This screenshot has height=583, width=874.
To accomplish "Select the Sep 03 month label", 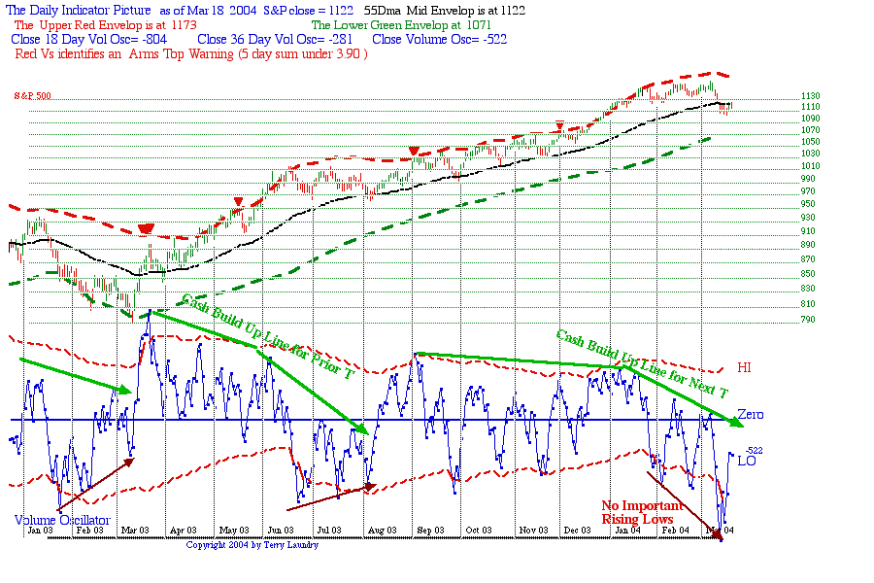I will click(x=431, y=530).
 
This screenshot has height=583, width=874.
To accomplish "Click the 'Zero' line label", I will click(x=750, y=415).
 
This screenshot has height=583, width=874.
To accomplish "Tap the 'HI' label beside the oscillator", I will click(x=745, y=367).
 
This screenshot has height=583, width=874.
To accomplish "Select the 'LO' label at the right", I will click(x=747, y=461).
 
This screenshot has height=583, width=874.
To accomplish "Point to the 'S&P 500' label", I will click(x=32, y=96).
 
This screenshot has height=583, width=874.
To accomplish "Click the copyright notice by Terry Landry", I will click(x=252, y=545).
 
